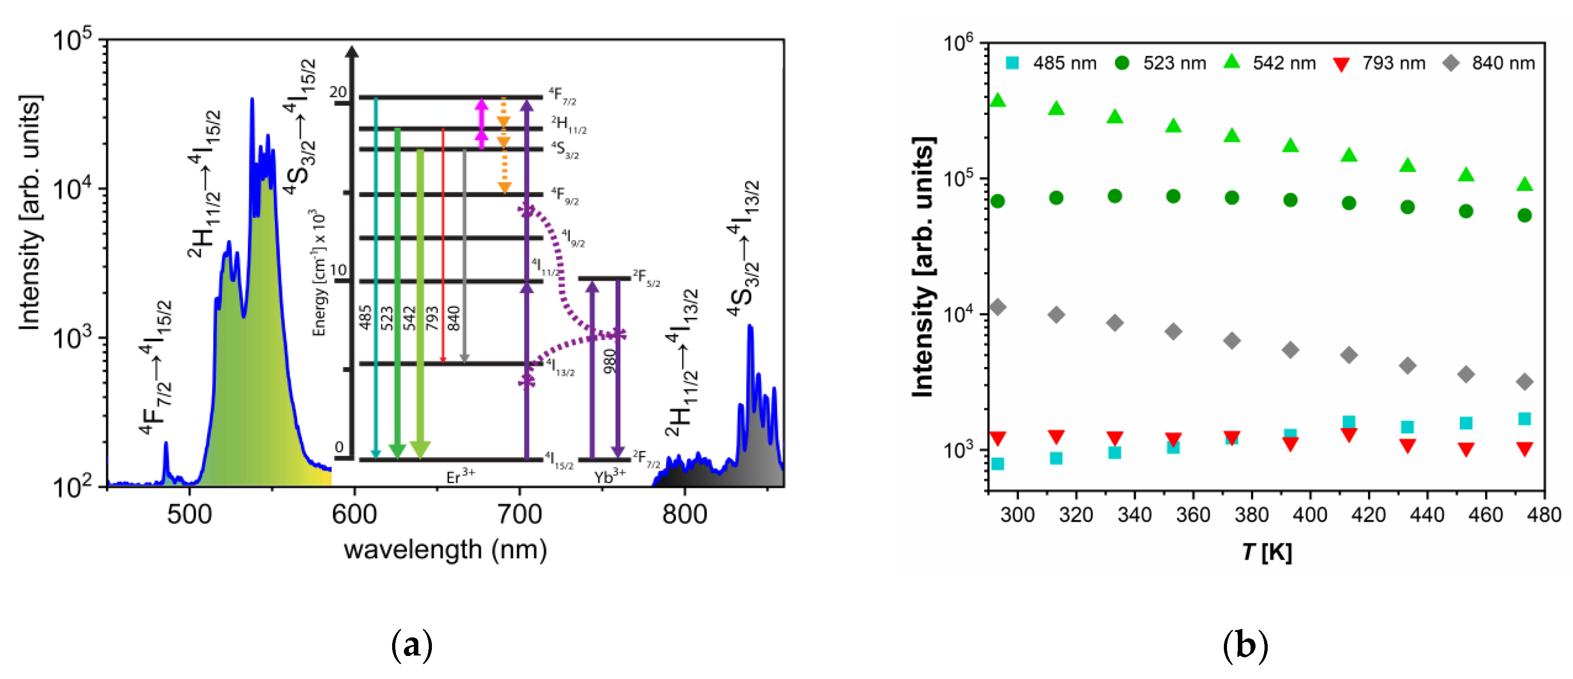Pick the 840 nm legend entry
[1489, 63]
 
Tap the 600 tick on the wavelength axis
[354, 514]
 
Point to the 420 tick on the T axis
[1369, 514]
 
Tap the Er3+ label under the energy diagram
[460, 476]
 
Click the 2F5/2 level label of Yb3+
[646, 278]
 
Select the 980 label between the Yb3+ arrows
[609, 362]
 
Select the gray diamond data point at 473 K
[1524, 382]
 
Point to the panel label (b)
[1245, 645]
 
